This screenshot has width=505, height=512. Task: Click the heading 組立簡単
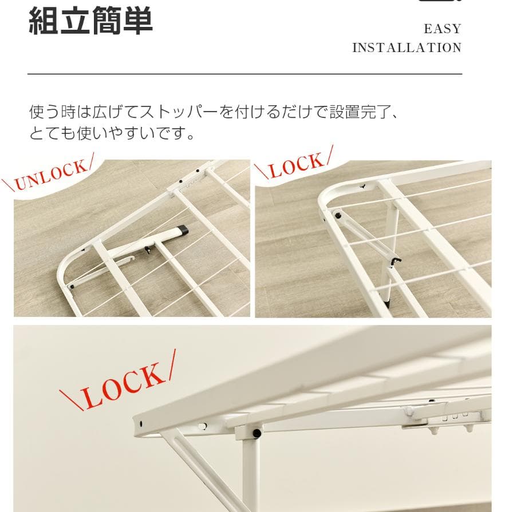[x=90, y=21]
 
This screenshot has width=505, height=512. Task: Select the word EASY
[x=442, y=29]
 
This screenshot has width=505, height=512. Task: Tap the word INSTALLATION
[x=407, y=47]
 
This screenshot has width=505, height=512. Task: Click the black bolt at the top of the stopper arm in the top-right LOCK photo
[x=338, y=217]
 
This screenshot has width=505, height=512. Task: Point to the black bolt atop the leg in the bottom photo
[x=257, y=434]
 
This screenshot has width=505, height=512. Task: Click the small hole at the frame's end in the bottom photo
[x=141, y=424]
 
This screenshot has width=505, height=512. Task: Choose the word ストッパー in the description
[x=178, y=112]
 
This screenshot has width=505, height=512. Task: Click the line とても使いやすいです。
[x=112, y=134]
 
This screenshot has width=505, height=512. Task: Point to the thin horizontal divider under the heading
[x=244, y=74]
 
